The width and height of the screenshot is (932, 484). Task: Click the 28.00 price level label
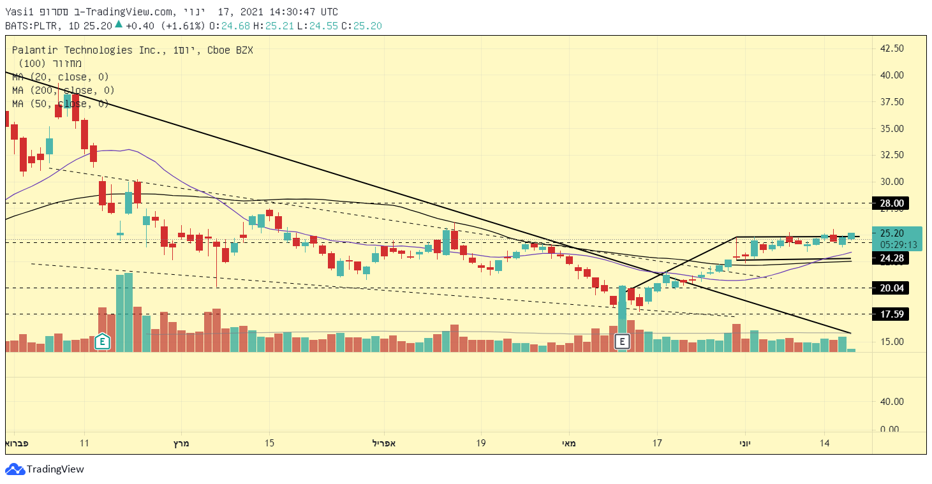pyautogui.click(x=892, y=203)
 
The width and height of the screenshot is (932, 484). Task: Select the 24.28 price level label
pyautogui.click(x=892, y=258)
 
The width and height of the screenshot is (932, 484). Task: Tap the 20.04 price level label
pyautogui.click(x=892, y=288)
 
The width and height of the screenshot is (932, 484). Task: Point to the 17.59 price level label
pyautogui.click(x=892, y=314)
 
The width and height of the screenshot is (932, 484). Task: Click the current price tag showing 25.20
pyautogui.click(x=898, y=233)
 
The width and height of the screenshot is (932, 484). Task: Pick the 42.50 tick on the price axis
pyautogui.click(x=892, y=48)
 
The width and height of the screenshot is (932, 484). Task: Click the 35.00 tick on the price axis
pyautogui.click(x=892, y=128)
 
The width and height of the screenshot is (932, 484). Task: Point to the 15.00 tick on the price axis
pyautogui.click(x=892, y=341)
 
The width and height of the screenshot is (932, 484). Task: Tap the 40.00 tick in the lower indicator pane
pyautogui.click(x=892, y=402)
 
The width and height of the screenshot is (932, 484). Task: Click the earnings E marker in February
pyautogui.click(x=101, y=342)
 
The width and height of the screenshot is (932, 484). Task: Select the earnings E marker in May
pyautogui.click(x=623, y=342)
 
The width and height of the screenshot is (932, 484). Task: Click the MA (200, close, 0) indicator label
pyautogui.click(x=63, y=91)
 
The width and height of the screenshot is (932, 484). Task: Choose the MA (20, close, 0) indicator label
pyautogui.click(x=61, y=77)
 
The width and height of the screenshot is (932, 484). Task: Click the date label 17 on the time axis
pyautogui.click(x=656, y=443)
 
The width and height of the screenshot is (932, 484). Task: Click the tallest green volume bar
pyautogui.click(x=128, y=312)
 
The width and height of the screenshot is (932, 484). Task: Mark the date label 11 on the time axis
pyautogui.click(x=84, y=443)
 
